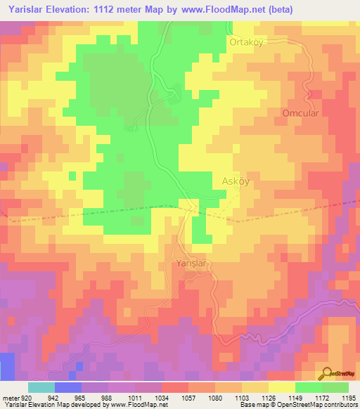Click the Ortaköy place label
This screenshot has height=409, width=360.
pyautogui.click(x=245, y=42)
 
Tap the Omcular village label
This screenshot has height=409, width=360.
pyautogui.click(x=300, y=113)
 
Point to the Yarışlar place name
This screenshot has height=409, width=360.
pyautogui.click(x=194, y=264)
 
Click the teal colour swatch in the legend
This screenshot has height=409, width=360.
pyautogui.click(x=41, y=387)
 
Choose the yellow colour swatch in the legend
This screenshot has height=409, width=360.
pyautogui.click(x=281, y=387)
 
